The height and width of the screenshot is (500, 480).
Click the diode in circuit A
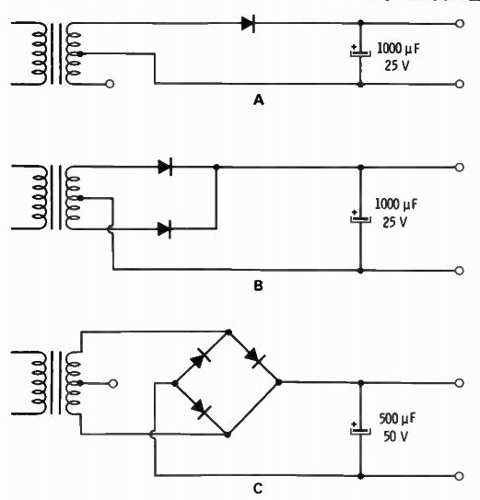[249, 24]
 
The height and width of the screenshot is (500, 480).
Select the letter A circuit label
[259, 100]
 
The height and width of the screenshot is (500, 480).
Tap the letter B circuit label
[258, 285]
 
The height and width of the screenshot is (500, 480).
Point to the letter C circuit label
[258, 489]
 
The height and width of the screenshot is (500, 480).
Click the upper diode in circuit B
[165, 167]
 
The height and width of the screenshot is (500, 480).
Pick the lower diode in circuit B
[165, 229]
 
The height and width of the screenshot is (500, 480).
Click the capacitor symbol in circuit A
[360, 52]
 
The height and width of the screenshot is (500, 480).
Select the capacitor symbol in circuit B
[360, 217]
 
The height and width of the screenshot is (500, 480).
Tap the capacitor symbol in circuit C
[360, 428]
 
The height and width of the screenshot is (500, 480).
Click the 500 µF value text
[397, 419]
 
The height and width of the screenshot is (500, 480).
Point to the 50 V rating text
[396, 436]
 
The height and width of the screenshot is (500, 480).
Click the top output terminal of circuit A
[459, 24]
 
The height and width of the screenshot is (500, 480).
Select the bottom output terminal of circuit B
[459, 271]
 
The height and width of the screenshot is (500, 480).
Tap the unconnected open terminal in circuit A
[110, 84]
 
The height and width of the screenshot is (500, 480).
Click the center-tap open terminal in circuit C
[113, 383]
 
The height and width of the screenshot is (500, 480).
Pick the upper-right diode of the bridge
[255, 358]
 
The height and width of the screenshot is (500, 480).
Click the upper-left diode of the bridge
[201, 358]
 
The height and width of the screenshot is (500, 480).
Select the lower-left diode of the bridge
[201, 409]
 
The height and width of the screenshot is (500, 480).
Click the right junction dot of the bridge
[278, 382]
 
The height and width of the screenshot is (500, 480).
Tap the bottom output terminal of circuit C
[459, 476]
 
